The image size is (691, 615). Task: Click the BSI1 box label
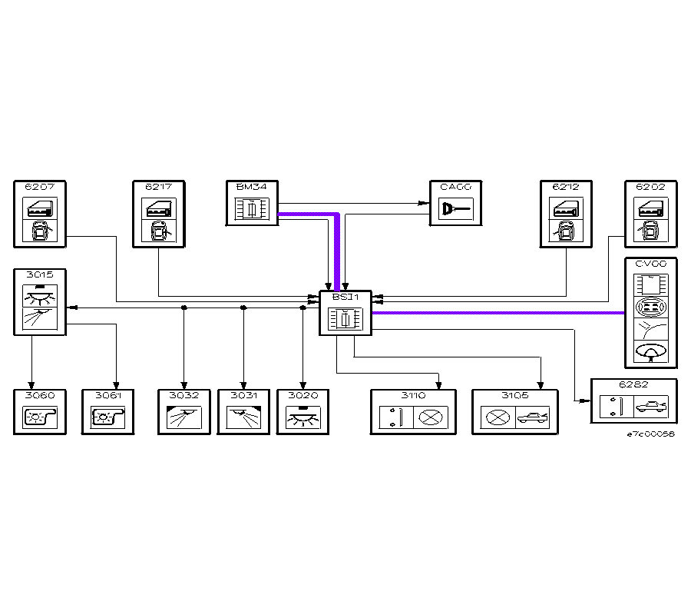(x=345, y=297)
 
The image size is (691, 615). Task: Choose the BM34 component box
(x=251, y=203)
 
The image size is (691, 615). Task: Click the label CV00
(x=650, y=264)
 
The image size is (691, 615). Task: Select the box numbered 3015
(x=40, y=301)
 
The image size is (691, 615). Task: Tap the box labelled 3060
(x=40, y=412)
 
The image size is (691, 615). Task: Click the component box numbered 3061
(x=108, y=412)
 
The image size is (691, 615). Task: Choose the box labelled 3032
(x=183, y=412)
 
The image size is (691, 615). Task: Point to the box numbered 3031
(x=243, y=412)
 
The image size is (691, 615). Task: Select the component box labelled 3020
(x=303, y=412)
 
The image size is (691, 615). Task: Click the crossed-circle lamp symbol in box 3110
(x=432, y=417)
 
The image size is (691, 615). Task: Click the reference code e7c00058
(x=650, y=434)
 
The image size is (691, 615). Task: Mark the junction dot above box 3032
(x=183, y=307)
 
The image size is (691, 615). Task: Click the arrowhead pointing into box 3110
(x=438, y=386)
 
